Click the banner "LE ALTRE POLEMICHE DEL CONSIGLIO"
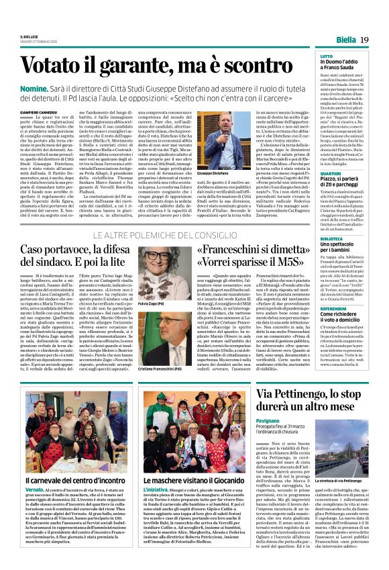[x=164, y=233]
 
